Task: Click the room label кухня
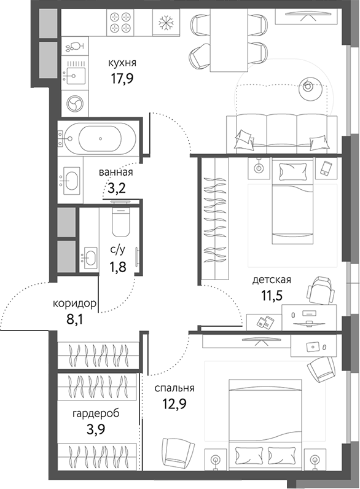(122, 62)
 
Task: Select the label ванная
(115, 173)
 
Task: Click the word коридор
(74, 303)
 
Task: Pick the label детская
(272, 280)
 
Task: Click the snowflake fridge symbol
(165, 23)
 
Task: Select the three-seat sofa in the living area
(283, 132)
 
